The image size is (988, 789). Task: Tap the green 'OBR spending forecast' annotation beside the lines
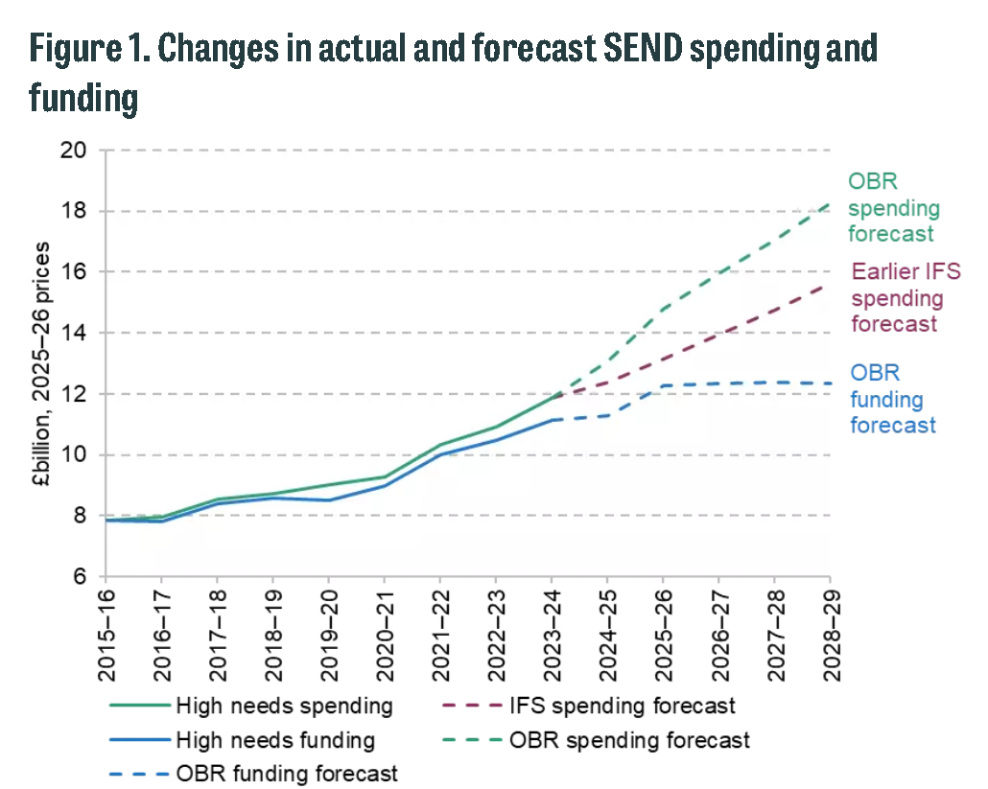click(x=892, y=207)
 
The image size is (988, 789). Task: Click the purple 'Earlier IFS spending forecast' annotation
click(x=905, y=297)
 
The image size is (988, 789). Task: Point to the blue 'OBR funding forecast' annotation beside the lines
click(x=892, y=399)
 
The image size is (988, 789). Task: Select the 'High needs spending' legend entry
click(x=284, y=708)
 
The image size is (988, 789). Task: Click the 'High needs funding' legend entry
click(x=275, y=740)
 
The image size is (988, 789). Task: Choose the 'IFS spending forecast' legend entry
click(x=623, y=708)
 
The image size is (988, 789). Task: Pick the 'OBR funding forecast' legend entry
click(x=287, y=773)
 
